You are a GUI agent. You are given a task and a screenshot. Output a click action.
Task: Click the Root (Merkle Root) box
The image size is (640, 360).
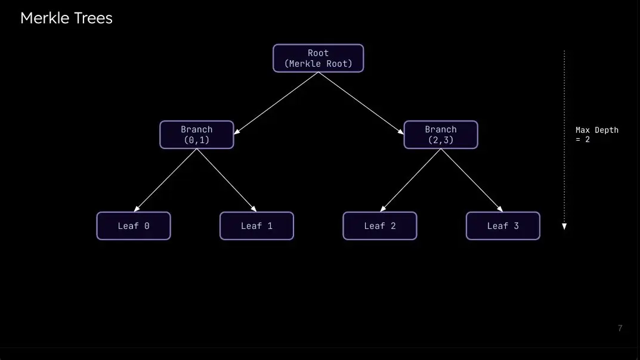click(319, 58)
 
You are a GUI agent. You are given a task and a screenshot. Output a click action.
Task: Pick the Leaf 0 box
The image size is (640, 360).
click(134, 226)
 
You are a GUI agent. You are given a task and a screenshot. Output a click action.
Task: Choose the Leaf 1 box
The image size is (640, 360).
click(256, 226)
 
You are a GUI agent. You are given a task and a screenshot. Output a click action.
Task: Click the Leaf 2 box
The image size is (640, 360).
click(380, 226)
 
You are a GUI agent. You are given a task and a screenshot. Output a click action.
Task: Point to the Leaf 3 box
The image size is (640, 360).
click(503, 226)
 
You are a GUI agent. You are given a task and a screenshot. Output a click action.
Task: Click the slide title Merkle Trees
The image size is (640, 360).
click(66, 18)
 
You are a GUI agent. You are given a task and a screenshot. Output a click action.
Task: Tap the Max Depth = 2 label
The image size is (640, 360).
click(596, 135)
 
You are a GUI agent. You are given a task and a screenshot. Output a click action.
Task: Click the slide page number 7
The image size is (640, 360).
click(620, 328)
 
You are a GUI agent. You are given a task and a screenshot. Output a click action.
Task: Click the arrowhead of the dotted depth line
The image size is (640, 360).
click(564, 226)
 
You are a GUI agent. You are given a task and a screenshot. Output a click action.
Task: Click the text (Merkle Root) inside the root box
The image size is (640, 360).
click(319, 64)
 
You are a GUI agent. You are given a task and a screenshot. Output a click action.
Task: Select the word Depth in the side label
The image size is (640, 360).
click(607, 131)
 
